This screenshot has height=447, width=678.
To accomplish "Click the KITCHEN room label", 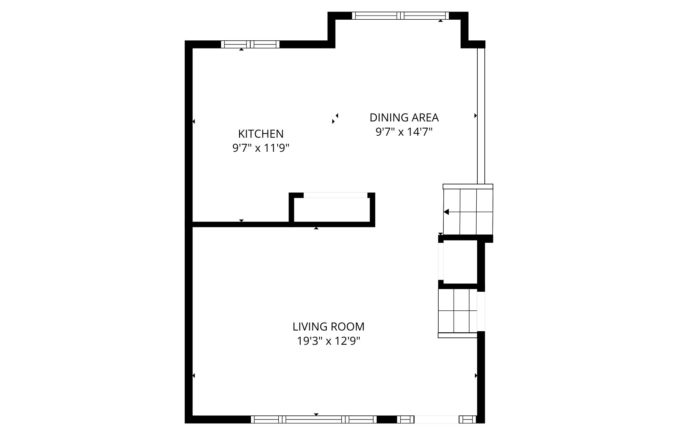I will coord(261,134).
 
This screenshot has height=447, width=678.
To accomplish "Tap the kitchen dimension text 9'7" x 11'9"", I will coord(261,148).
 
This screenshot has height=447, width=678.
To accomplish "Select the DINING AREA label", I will coord(404,118).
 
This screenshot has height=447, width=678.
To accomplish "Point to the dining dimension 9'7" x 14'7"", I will coord(404,132).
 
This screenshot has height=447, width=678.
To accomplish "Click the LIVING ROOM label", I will coord(328,327).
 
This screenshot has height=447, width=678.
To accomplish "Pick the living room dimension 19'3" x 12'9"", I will coord(328,341).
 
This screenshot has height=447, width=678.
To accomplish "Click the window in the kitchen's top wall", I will coord(250,44).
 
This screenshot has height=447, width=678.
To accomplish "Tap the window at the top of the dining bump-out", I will coord(400,16).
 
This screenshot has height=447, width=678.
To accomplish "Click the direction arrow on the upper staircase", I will coord(447,212).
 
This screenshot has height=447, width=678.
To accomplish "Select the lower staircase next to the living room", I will coord(458,311).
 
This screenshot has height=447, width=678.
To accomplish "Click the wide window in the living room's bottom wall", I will coord(314,420).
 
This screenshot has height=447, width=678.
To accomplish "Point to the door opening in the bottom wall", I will coord(437,420).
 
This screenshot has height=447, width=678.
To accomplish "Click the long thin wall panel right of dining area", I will coord(481,115).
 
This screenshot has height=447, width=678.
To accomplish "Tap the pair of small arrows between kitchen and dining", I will coord(335,118).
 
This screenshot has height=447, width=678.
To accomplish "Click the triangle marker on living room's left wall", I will coord(194,375).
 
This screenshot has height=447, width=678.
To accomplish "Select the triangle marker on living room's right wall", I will coord(476,375).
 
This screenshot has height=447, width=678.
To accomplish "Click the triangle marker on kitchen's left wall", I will coord(194,121).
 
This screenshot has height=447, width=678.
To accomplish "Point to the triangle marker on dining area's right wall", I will coord(475,116).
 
